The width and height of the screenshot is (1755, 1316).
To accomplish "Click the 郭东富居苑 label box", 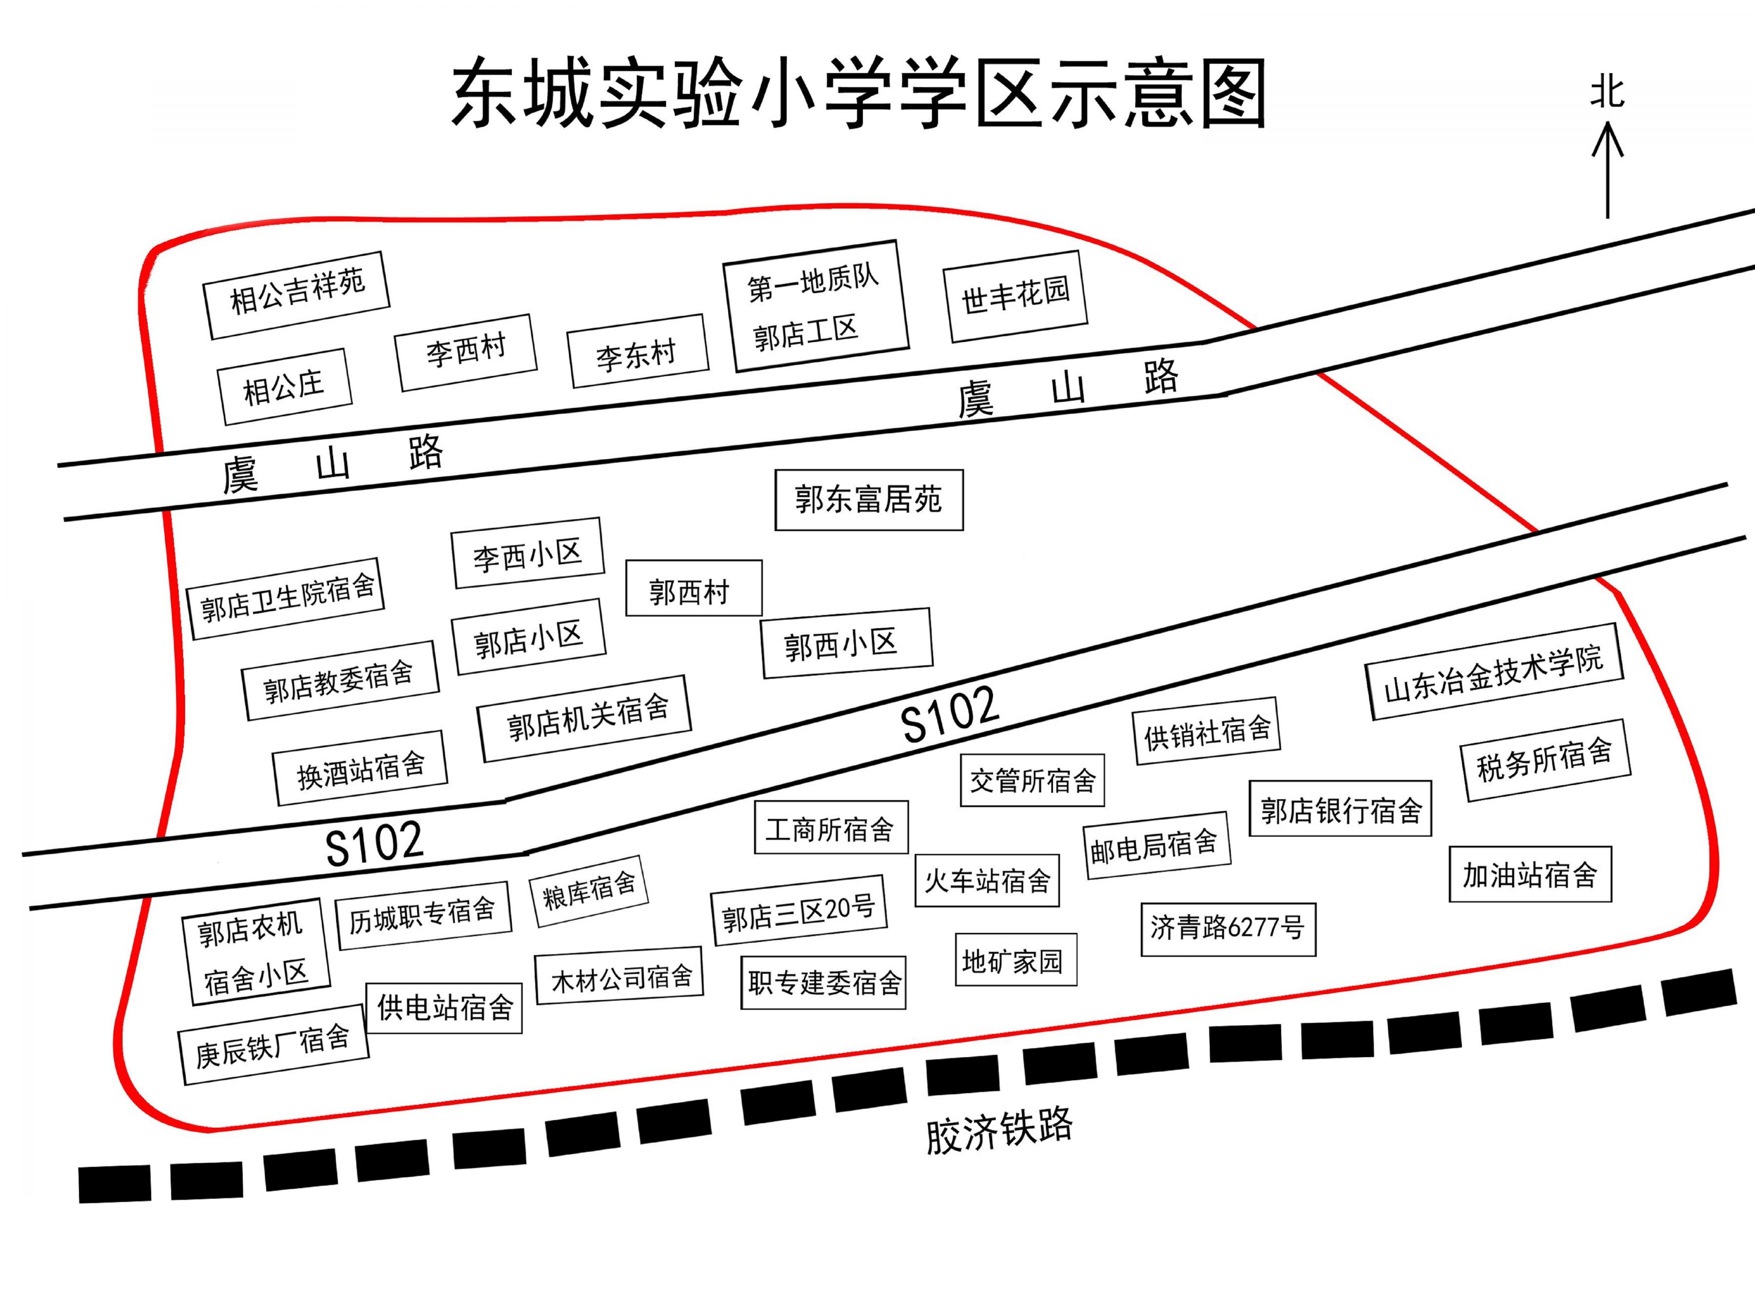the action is tap(869, 500).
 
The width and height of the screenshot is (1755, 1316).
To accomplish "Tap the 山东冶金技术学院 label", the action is tap(1494, 672).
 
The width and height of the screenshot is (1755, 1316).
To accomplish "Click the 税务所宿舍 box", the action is tap(1545, 760).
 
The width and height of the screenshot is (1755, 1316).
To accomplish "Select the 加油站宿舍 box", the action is tap(1530, 874).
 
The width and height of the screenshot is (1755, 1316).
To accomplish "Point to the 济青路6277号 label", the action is tap(1228, 929).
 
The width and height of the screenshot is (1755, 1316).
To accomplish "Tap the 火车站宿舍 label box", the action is tap(987, 881).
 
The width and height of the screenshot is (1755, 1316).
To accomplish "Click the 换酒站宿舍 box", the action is tap(360, 768).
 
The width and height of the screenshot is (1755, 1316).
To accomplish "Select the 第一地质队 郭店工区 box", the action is tap(816, 306).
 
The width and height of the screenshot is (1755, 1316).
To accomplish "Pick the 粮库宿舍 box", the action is tap(589, 891).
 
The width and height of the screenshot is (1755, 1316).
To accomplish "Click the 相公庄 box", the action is tap(284, 387).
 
